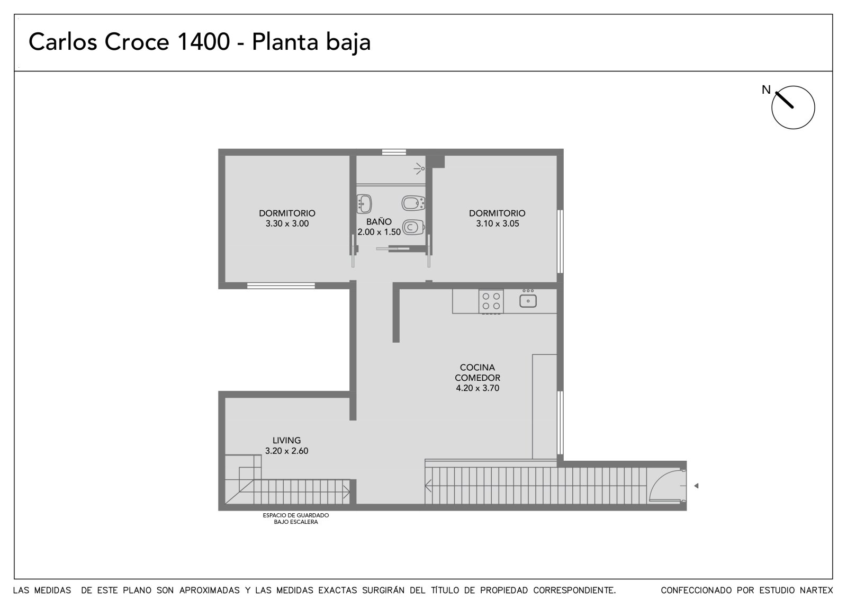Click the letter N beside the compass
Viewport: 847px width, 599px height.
click(766, 90)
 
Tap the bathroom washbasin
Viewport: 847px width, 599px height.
click(364, 203)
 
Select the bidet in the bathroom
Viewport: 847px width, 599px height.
click(413, 203)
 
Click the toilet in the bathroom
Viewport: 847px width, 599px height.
click(413, 227)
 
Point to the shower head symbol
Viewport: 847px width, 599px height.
click(419, 168)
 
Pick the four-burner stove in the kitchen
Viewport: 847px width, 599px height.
click(491, 301)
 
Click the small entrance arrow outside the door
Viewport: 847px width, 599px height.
click(696, 486)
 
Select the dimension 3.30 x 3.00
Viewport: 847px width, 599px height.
click(287, 223)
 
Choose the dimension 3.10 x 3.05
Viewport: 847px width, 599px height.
click(497, 223)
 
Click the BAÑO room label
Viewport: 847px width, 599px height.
click(379, 221)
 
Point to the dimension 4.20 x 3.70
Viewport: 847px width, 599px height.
click(477, 388)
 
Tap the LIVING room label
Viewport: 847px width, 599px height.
click(286, 441)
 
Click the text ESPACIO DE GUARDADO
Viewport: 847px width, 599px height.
click(296, 515)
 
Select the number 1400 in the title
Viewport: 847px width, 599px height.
click(203, 42)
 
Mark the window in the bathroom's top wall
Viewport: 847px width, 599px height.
click(394, 152)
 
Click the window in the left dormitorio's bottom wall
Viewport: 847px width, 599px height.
click(281, 285)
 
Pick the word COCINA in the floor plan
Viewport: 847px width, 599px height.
click(477, 368)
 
